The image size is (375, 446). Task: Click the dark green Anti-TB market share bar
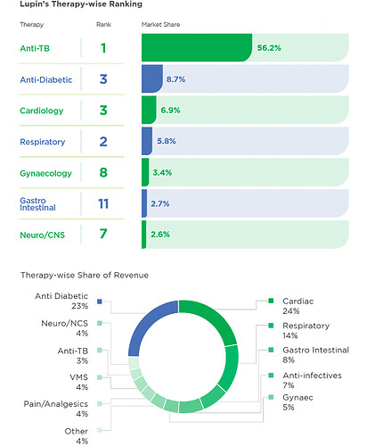tap(197, 47)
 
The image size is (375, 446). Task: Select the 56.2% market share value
tap(269, 48)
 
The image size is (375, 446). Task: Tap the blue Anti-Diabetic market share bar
tap(152, 78)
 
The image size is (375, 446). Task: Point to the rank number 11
tap(103, 203)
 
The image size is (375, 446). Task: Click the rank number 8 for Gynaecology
tap(103, 172)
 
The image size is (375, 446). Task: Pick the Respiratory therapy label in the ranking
tap(43, 142)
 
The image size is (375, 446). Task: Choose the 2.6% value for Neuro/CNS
tap(160, 235)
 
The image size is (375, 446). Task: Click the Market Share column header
tap(160, 25)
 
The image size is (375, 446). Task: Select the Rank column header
tap(103, 25)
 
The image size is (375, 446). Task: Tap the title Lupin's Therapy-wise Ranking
tap(81, 4)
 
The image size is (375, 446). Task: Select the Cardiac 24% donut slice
tap(212, 318)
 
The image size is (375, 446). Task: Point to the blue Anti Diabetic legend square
tap(100, 301)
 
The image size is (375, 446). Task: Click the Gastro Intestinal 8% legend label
tap(315, 355)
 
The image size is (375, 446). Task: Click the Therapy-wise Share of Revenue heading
tap(85, 275)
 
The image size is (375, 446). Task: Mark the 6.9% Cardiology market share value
tap(170, 111)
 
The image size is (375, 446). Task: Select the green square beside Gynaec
tap(271, 397)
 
